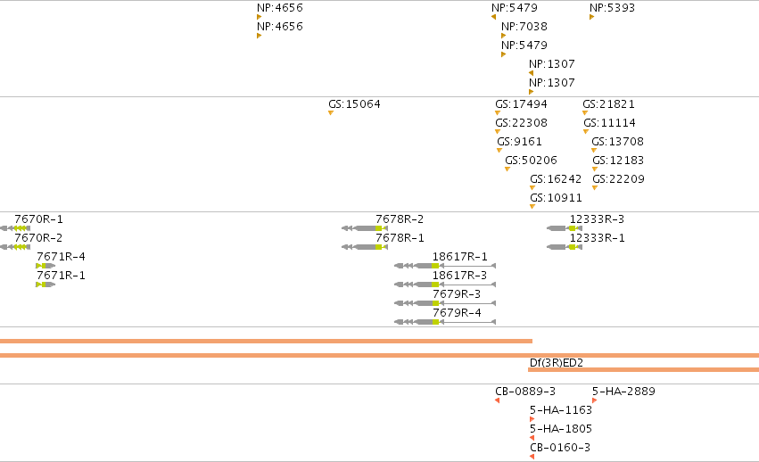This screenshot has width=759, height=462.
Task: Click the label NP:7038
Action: click(x=524, y=26)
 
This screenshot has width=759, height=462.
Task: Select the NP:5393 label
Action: click(x=612, y=8)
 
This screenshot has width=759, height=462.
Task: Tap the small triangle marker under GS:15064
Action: click(x=331, y=113)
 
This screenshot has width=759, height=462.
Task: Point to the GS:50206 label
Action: click(x=531, y=161)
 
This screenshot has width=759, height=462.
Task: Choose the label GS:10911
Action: click(x=556, y=198)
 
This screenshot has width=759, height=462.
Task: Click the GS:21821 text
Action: click(x=608, y=104)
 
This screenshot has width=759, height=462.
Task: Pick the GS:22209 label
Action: click(x=619, y=179)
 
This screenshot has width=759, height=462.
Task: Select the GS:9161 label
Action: click(x=519, y=142)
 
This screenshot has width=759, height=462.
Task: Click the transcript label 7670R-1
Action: click(x=38, y=219)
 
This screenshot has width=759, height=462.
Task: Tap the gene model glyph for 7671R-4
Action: click(x=45, y=266)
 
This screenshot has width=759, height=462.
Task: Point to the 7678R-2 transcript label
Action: click(x=400, y=219)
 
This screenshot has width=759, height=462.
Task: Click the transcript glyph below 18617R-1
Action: click(x=445, y=266)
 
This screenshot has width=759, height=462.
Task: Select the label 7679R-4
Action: click(x=457, y=313)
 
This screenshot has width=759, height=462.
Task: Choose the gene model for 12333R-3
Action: click(x=565, y=228)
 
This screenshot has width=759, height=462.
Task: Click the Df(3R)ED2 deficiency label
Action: click(x=557, y=363)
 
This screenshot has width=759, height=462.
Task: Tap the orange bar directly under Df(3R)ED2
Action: click(x=643, y=370)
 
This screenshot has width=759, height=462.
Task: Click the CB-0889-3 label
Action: click(x=525, y=392)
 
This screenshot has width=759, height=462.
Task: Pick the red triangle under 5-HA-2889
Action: click(x=594, y=400)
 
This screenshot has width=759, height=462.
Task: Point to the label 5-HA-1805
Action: click(x=560, y=429)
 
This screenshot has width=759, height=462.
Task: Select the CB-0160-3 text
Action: click(x=560, y=448)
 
